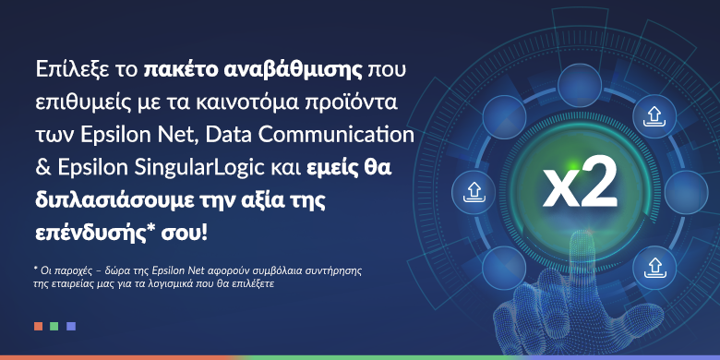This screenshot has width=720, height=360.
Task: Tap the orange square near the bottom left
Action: (x=38, y=326)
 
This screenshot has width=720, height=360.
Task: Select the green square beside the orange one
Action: (x=54, y=326)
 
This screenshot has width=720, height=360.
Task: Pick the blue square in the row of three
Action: (x=71, y=326)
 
